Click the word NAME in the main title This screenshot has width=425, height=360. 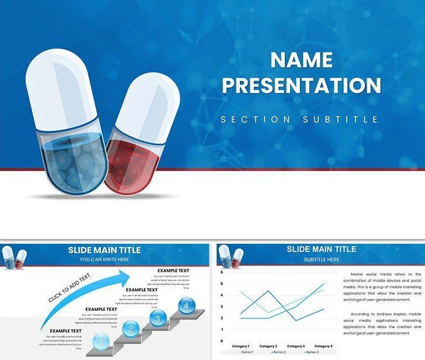[301, 60]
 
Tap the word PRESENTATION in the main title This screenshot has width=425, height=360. [301, 85]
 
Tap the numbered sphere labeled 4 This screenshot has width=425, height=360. [186, 306]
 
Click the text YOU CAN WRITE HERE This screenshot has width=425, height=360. [104, 259]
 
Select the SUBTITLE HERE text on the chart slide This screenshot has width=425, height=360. [321, 259]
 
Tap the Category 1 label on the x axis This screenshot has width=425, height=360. [241, 347]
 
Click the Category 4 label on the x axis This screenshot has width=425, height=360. [323, 347]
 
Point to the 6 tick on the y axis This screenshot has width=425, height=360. [222, 272]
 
